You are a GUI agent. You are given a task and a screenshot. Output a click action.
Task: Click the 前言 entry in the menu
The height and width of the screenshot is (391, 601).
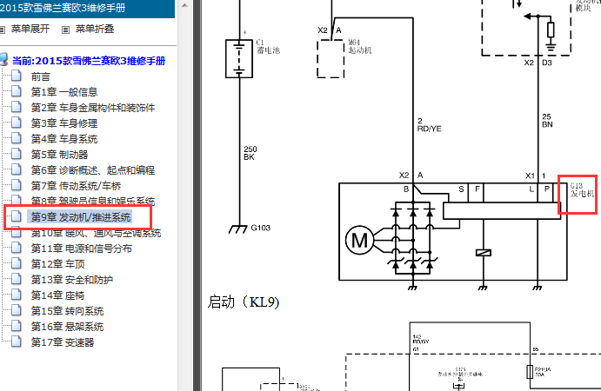(41, 76)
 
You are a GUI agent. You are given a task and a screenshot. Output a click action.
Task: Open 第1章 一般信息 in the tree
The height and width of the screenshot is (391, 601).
(63, 92)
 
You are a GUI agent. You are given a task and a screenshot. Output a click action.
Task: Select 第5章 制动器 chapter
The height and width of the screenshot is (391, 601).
(59, 155)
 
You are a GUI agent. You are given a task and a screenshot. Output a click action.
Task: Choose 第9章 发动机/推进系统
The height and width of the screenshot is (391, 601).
(80, 217)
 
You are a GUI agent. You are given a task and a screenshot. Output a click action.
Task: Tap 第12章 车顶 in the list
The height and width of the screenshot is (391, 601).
(59, 264)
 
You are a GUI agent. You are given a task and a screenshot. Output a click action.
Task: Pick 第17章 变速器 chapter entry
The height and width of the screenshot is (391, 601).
(62, 342)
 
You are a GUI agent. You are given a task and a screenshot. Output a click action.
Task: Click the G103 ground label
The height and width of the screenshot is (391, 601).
(261, 229)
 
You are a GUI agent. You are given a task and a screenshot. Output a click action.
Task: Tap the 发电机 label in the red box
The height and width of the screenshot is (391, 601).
(582, 195)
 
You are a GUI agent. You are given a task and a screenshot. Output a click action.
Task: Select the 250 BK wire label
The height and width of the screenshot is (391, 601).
(250, 154)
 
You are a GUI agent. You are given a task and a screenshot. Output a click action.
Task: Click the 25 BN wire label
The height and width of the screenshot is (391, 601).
(546, 121)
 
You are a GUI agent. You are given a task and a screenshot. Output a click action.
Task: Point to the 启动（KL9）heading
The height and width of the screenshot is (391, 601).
(244, 302)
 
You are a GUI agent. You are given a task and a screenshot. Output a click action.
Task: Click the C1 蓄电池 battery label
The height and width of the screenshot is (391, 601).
(265, 46)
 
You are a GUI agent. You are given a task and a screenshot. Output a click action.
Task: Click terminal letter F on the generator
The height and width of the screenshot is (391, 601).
(476, 189)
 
